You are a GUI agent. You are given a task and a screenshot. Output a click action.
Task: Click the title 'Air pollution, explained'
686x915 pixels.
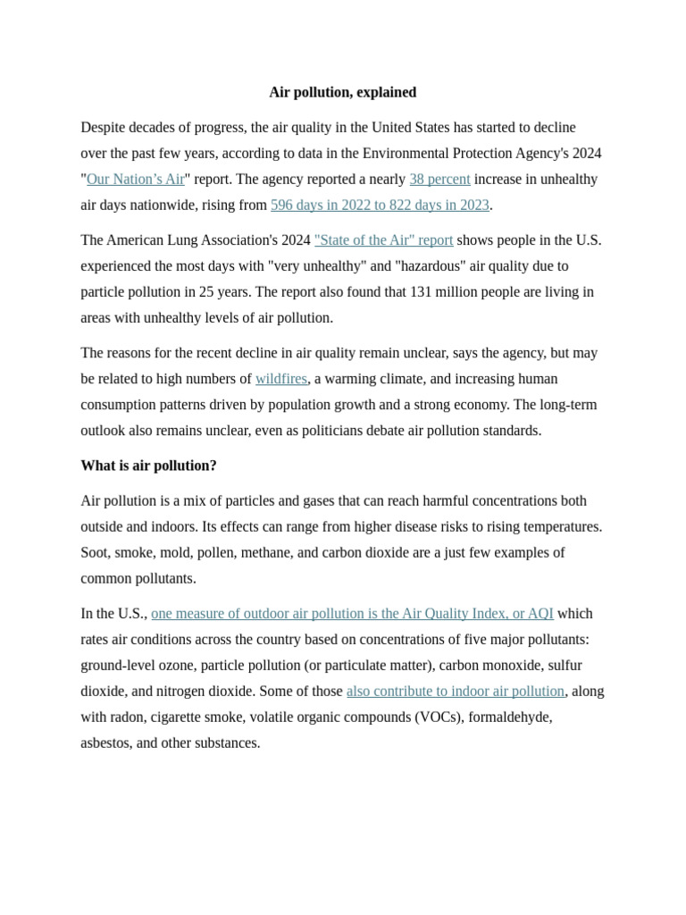pyautogui.click(x=342, y=92)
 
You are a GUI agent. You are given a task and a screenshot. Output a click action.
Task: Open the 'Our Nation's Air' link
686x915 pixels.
pyautogui.click(x=135, y=179)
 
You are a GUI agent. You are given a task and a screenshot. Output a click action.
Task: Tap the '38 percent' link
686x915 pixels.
pyautogui.click(x=439, y=179)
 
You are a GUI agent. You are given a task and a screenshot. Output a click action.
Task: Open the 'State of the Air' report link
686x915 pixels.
pyautogui.click(x=383, y=239)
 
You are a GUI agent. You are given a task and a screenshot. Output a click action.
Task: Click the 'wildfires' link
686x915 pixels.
pyautogui.click(x=281, y=379)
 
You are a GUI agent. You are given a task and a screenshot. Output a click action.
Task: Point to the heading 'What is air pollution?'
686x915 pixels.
pyautogui.click(x=148, y=466)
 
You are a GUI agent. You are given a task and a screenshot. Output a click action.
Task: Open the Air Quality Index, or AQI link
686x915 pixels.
pyautogui.click(x=352, y=613)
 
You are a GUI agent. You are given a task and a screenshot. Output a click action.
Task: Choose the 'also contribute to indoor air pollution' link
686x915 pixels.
pyautogui.click(x=456, y=691)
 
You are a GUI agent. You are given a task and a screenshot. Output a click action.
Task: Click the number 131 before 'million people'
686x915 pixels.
pyautogui.click(x=422, y=291)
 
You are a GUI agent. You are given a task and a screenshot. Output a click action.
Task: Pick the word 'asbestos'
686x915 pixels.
pyautogui.click(x=106, y=743)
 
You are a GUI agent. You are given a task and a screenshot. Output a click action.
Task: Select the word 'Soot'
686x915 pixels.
pyautogui.click(x=96, y=552)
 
